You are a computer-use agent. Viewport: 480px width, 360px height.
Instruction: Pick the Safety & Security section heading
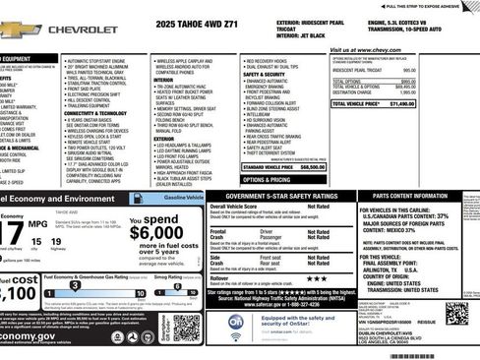[x=264, y=74]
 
